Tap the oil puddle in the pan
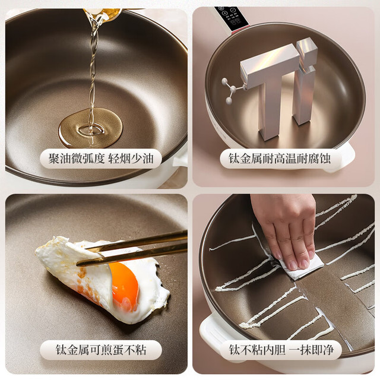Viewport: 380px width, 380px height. [x=90, y=128]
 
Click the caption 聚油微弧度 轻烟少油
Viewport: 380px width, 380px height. [x=101, y=159]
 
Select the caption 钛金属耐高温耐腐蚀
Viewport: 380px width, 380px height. [x=280, y=159]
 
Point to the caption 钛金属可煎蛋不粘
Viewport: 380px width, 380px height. [x=101, y=350]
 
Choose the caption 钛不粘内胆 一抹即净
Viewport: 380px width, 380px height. [x=281, y=350]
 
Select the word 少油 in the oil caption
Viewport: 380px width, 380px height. [x=142, y=159]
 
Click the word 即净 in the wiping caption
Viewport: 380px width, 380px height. [x=322, y=350]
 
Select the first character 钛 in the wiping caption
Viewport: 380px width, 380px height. [x=235, y=350]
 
